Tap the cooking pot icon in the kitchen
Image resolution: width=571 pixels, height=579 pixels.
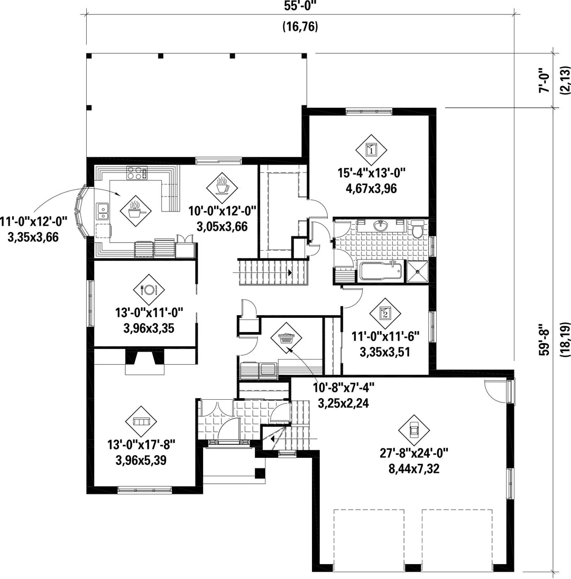[x=136, y=211]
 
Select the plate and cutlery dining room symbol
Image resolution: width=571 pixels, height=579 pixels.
[x=149, y=290]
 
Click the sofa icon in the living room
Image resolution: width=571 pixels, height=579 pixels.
[x=141, y=421]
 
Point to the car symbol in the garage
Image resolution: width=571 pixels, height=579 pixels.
[x=414, y=430]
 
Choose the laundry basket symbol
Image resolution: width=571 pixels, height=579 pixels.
[x=286, y=337]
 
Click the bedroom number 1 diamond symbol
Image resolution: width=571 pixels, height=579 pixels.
[x=371, y=150]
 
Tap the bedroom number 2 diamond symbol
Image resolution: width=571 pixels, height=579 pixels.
[x=385, y=314]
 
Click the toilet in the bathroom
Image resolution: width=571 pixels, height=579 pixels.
[x=418, y=229]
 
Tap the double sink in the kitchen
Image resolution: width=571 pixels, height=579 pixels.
[x=102, y=211]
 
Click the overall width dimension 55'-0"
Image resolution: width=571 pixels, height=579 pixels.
[x=300, y=6]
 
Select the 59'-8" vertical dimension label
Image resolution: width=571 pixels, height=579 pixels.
[x=544, y=339]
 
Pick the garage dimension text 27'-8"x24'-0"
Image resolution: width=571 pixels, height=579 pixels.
[x=414, y=452]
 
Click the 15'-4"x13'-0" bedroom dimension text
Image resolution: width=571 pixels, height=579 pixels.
[x=371, y=172]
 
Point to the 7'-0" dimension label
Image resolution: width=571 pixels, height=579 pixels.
[x=544, y=80]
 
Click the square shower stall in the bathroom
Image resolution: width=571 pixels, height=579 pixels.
[x=418, y=272]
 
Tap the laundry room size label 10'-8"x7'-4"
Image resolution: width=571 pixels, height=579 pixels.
[x=344, y=388]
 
